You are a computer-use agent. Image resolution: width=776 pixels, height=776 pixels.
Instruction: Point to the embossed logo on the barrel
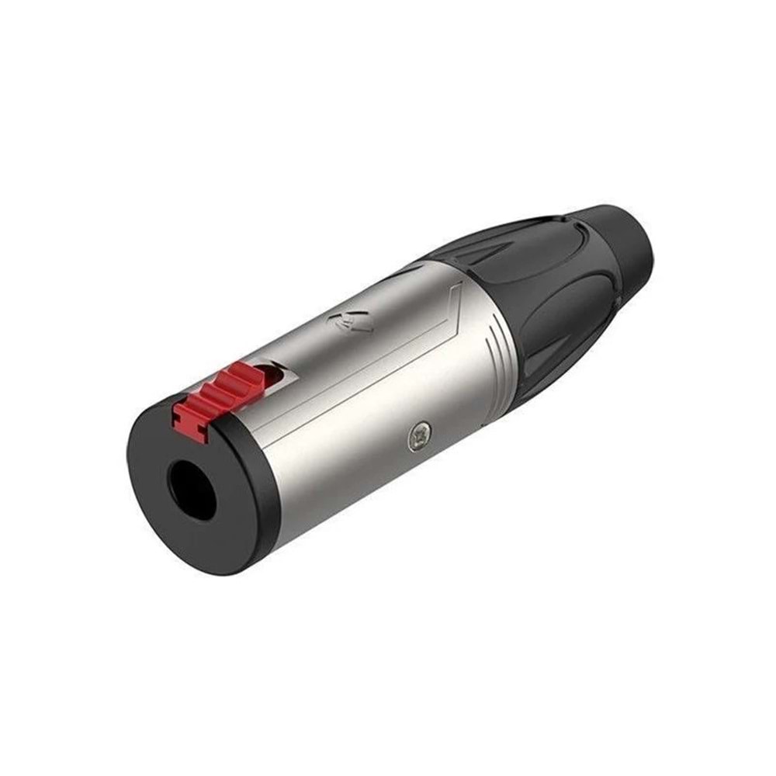pos(348,322)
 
